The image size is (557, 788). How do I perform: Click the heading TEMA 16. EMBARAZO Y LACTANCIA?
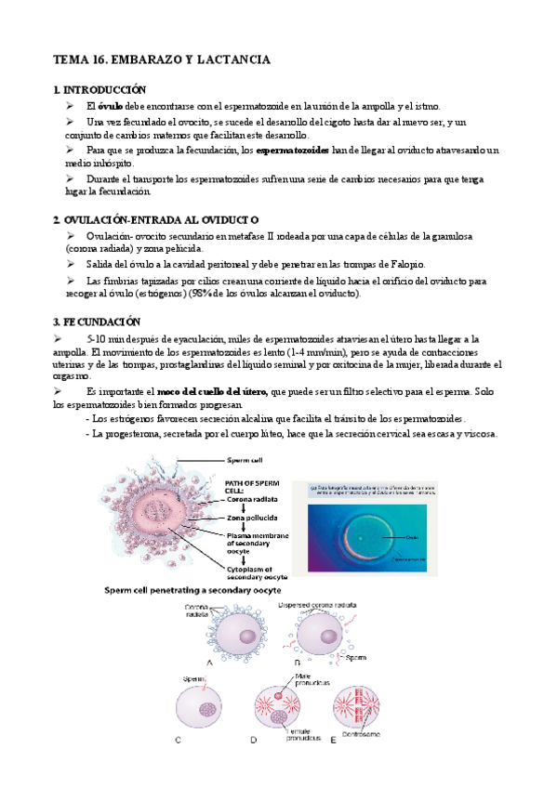tap(162, 59)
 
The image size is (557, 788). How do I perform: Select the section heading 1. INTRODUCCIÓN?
tap(100, 90)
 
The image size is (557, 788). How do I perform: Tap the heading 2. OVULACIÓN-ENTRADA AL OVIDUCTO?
tap(155, 219)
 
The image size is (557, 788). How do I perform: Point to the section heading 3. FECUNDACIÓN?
tap(97, 322)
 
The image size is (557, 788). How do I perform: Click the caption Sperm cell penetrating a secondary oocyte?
tap(193, 590)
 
